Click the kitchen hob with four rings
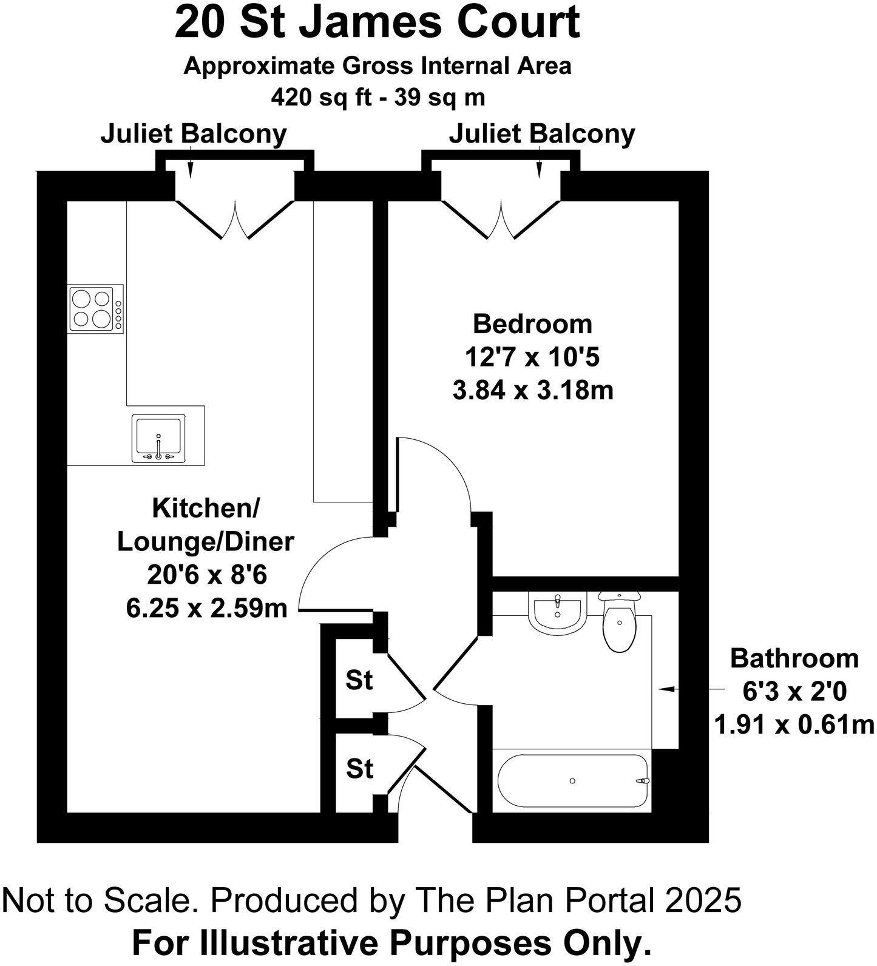click(x=92, y=308)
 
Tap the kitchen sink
click(x=158, y=438)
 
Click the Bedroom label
click(x=532, y=323)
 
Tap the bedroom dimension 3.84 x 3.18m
click(x=532, y=390)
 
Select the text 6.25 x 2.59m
click(x=206, y=607)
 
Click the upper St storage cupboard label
click(x=359, y=680)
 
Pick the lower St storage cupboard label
click(x=359, y=769)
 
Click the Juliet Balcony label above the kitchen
click(x=194, y=133)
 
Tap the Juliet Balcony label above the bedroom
click(x=541, y=133)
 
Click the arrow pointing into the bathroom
click(x=668, y=689)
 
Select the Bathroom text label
click(x=794, y=658)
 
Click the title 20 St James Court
click(x=377, y=22)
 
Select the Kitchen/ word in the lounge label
click(x=205, y=508)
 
